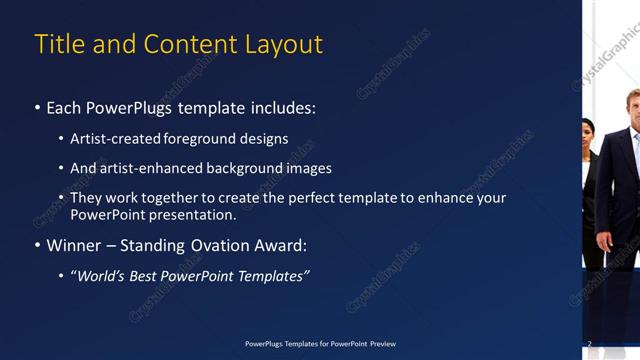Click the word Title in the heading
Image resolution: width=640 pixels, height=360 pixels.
tap(57, 44)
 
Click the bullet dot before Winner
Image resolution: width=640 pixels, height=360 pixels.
tap(37, 245)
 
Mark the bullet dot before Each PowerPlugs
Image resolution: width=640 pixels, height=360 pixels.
tap(37, 107)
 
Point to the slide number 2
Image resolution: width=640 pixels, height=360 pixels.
tap(589, 344)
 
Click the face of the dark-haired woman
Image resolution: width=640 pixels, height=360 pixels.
tap(588, 129)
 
